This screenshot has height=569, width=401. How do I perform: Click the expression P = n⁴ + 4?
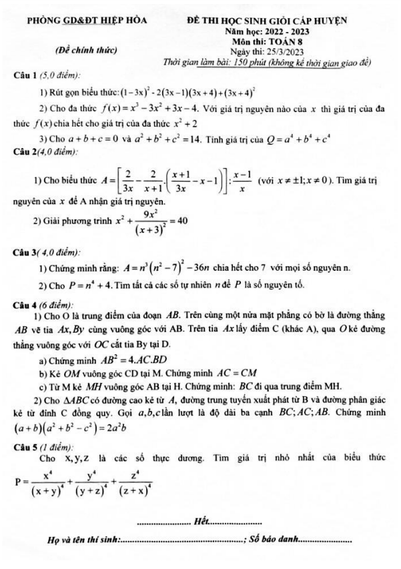tap(86, 286)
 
